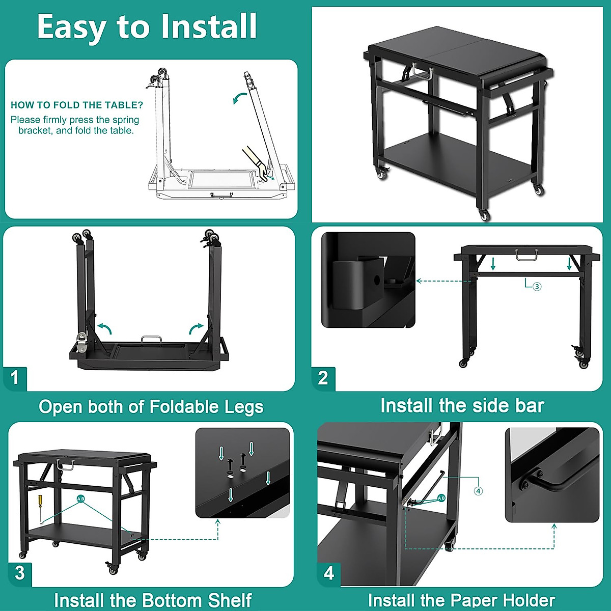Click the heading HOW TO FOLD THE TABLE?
click(x=77, y=105)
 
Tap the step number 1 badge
click(x=15, y=377)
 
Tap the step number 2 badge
click(x=323, y=378)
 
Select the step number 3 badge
click(x=20, y=573)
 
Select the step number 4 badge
click(x=329, y=573)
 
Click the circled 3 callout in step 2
click(x=537, y=287)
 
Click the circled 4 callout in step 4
click(x=478, y=491)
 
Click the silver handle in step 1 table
click(x=151, y=339)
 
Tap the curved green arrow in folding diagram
click(x=239, y=98)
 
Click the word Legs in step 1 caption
click(x=242, y=407)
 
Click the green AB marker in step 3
click(x=80, y=498)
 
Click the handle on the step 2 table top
click(x=526, y=255)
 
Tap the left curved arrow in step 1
click(x=104, y=327)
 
